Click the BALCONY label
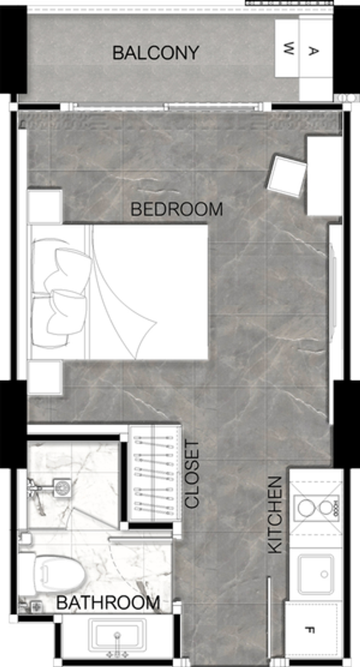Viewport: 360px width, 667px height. pos(156,53)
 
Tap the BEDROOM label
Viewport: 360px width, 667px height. pos(177,209)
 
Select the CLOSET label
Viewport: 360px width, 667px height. pos(192,475)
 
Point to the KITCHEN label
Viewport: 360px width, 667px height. pos(275,515)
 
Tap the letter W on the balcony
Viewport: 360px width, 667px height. pos(288,48)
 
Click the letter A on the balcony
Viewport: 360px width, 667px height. pos(312,51)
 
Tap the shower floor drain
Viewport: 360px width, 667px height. pos(62,488)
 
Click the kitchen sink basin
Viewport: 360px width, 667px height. pos(316,575)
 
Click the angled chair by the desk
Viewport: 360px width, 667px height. pos(287,176)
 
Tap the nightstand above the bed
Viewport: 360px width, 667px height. pos(45,206)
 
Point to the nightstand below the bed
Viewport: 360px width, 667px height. pos(45,377)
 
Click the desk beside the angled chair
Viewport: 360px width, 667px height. pos(324,176)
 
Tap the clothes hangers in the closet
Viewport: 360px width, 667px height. pos(154,476)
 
